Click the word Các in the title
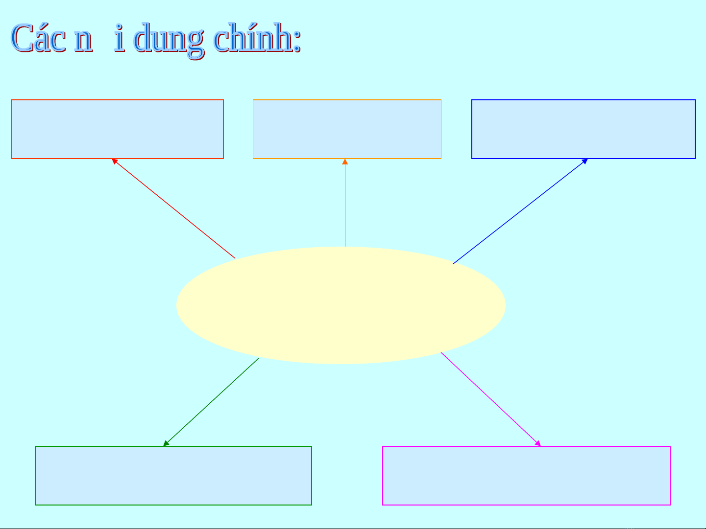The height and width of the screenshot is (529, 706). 38,38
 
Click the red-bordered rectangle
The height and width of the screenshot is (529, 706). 118,129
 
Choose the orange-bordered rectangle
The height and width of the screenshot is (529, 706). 347,129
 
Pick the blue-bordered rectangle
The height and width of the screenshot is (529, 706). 583,129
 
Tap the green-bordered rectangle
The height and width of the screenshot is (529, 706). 173,475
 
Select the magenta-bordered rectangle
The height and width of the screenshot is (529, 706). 526,475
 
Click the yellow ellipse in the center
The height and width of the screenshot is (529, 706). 341,305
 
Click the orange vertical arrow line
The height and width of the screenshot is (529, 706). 345,206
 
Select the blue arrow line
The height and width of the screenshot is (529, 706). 519,212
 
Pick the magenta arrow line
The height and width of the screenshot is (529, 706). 490,398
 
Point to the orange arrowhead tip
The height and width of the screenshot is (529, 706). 345,161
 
